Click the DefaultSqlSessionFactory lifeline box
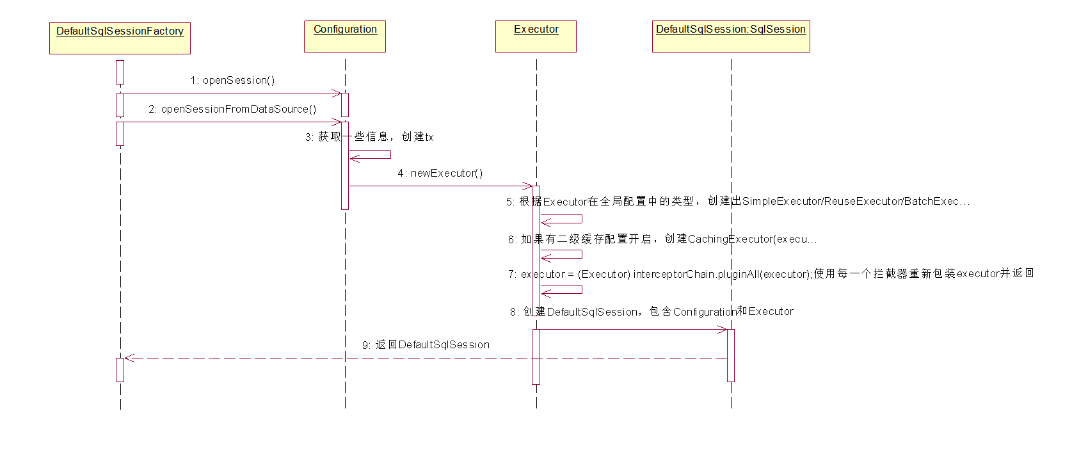pos(120,38)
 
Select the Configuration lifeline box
pos(345,36)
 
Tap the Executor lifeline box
pos(536,36)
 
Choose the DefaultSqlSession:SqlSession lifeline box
pos(731,36)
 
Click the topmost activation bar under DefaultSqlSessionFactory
pos(120,72)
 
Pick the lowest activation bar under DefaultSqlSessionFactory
pos(120,370)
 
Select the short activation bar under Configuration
pos(345,105)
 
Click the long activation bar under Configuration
pos(345,165)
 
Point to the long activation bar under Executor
pos(536,251)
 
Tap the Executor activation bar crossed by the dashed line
pos(536,357)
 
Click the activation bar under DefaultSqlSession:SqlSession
pos(731,355)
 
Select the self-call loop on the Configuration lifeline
pos(390,155)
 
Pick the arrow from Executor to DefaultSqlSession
pos(634,330)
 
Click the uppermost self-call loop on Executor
pos(581,219)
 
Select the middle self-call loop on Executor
pos(581,254)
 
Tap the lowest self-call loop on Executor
pos(581,290)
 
